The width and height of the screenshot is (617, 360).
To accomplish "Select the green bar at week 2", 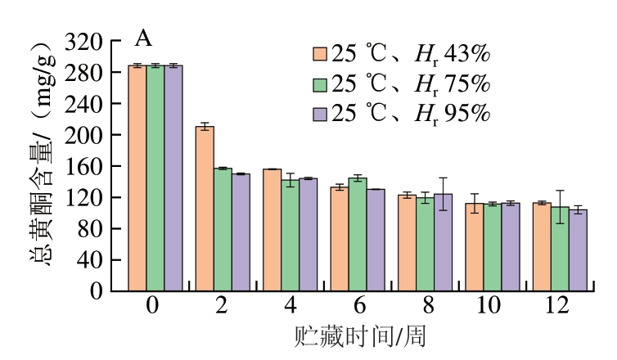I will coord(223,229).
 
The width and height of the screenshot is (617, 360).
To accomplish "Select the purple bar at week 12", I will coord(579,250).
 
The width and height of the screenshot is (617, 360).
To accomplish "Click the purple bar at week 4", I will coord(308,234).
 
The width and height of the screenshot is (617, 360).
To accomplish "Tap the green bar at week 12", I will coord(560,249).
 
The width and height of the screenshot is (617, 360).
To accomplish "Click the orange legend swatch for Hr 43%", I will coord(321,55).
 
